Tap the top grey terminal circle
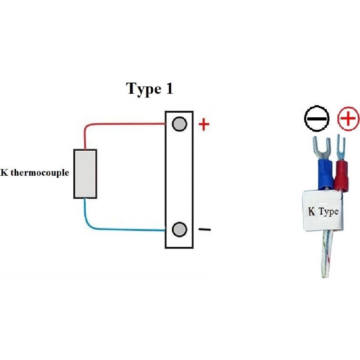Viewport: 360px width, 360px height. pos(179,124)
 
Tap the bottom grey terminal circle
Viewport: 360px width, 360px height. pos(179,229)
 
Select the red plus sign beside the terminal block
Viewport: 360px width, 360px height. pos(204,125)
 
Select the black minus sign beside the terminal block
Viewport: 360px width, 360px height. pos(204,229)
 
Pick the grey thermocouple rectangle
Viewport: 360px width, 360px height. pos(85,174)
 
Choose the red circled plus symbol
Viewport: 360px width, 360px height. pos(348,119)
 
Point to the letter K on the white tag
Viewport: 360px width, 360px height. pos(312,211)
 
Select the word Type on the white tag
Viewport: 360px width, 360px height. pos(328,211)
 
